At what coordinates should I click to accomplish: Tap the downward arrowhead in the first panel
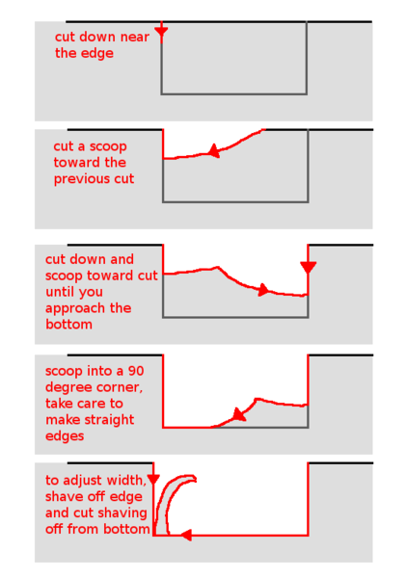pyautogui.click(x=161, y=33)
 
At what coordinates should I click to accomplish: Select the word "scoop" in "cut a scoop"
pyautogui.click(x=108, y=147)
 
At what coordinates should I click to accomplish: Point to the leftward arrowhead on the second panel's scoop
pyautogui.click(x=214, y=150)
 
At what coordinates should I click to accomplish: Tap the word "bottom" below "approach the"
pyautogui.click(x=68, y=325)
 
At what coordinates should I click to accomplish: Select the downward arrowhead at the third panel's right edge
pyautogui.click(x=308, y=267)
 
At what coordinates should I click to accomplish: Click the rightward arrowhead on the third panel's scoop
pyautogui.click(x=263, y=290)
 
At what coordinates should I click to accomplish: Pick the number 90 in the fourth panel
pyautogui.click(x=136, y=371)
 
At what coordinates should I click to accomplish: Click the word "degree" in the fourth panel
pyautogui.click(x=68, y=388)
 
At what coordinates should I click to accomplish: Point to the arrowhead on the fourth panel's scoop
pyautogui.click(x=239, y=414)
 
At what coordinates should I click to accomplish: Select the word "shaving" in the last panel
pyautogui.click(x=122, y=513)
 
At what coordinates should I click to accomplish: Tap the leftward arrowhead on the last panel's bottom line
pyautogui.click(x=186, y=535)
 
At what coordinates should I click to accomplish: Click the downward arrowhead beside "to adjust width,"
pyautogui.click(x=153, y=480)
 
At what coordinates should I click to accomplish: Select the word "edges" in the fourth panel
pyautogui.click(x=65, y=436)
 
